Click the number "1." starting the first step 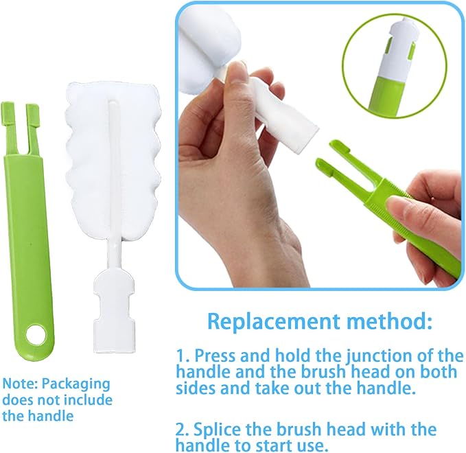[x=183, y=356]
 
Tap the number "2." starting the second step [x=183, y=430]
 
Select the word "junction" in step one [x=373, y=356]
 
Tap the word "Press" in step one [x=217, y=356]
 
